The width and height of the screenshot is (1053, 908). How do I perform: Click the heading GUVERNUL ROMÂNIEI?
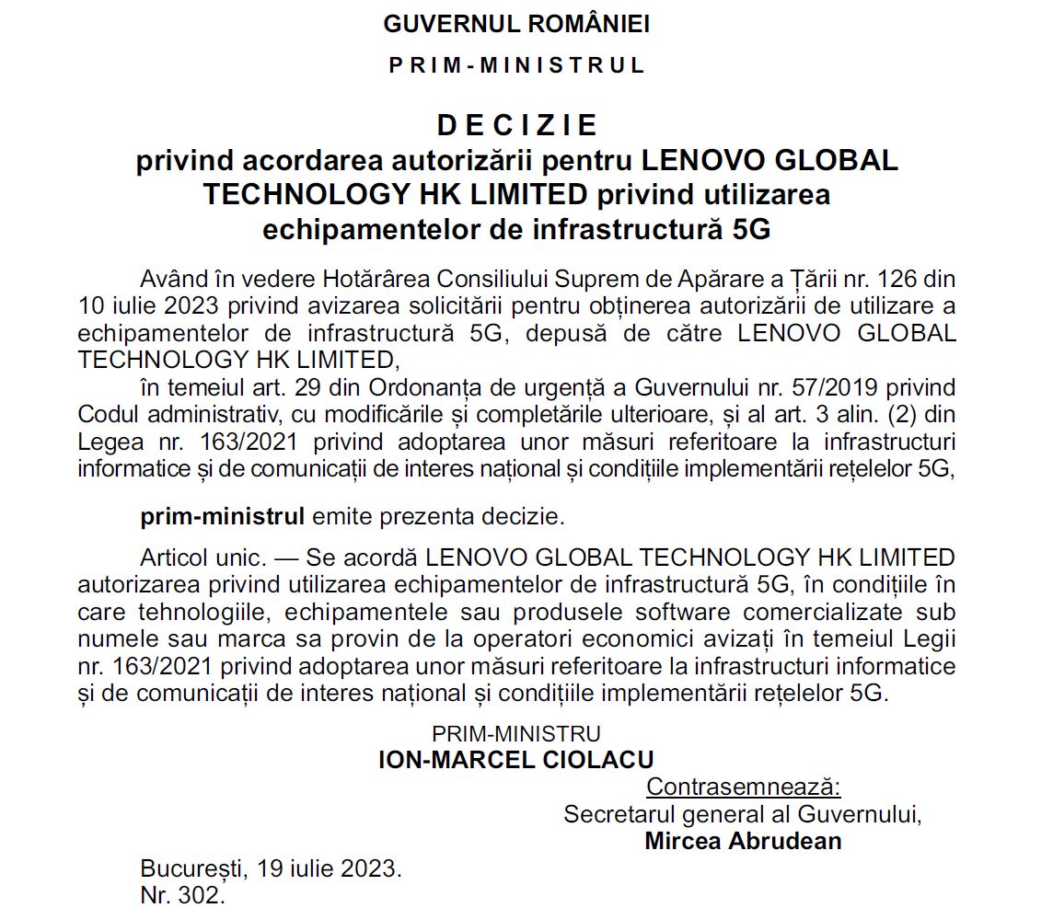coord(516,24)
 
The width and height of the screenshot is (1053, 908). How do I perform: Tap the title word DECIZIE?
coord(516,125)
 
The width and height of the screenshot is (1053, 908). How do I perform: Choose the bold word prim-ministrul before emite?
coord(222,516)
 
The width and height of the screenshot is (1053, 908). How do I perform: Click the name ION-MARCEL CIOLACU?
coord(516,760)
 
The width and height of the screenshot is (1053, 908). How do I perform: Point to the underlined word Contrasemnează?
coord(744,787)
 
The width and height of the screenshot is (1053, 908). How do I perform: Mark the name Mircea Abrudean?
coord(743,841)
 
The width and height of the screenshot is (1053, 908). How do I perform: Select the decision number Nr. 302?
coord(182,894)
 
